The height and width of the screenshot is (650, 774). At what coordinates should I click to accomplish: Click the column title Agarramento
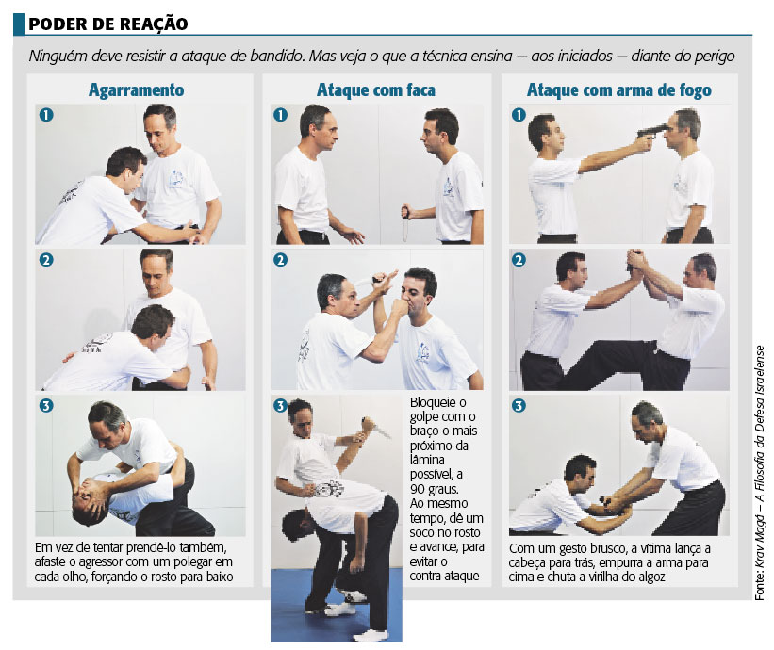click(x=136, y=90)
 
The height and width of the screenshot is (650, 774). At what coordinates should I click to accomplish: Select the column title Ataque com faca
click(x=375, y=90)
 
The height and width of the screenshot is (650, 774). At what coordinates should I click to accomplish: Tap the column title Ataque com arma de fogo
click(x=618, y=90)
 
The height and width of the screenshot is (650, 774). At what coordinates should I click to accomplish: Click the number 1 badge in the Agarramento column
click(x=45, y=115)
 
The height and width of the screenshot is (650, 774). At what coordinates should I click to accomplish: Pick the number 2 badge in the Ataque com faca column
click(x=280, y=260)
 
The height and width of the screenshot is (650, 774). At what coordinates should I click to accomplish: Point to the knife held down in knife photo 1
click(x=405, y=223)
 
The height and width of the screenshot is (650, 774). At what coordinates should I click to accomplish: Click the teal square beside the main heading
click(x=18, y=24)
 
